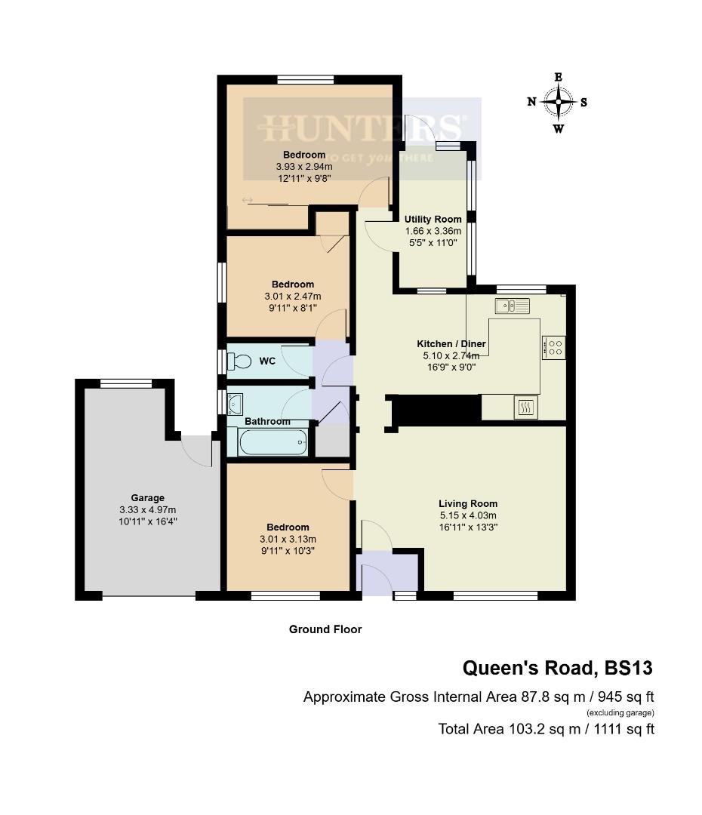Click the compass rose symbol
[x=559, y=102]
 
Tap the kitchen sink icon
[x=513, y=306]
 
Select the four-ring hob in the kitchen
[x=553, y=347]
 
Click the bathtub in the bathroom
[x=272, y=441]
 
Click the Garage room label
[x=148, y=498]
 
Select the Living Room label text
[x=468, y=504]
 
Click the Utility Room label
[x=433, y=220]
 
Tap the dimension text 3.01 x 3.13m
[x=288, y=539]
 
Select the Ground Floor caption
[x=325, y=629]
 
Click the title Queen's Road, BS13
[x=557, y=668]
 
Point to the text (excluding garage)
[x=620, y=712]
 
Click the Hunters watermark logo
[x=362, y=128]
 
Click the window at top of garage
[x=125, y=383]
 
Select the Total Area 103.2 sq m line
[x=546, y=729]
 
